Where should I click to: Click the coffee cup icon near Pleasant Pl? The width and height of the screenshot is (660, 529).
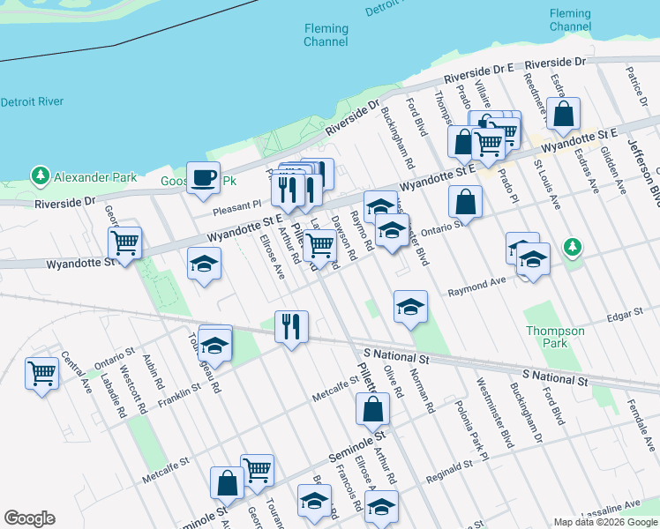pos(204,177)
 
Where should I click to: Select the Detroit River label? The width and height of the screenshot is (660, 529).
pos(32,101)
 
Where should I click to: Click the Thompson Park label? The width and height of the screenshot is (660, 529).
pos(555,337)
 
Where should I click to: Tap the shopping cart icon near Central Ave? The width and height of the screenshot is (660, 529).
pos(41,374)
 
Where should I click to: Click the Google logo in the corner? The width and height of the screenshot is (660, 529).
pos(29,518)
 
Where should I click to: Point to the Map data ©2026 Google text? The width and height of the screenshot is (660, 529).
pos(604,522)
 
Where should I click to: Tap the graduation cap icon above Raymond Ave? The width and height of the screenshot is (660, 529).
pos(410,307)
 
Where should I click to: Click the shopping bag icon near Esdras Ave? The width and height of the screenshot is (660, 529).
pos(563,114)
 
